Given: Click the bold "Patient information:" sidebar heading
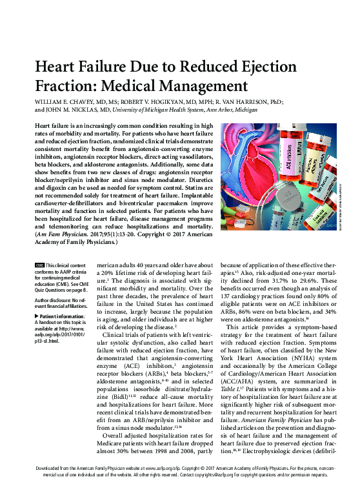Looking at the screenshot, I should pyautogui.click(x=62, y=316).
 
